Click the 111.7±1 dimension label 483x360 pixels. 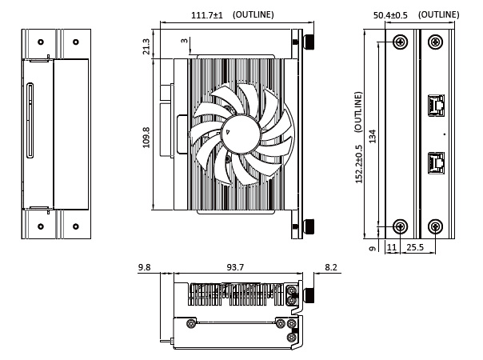point(207,15)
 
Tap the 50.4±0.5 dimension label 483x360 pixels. point(390,15)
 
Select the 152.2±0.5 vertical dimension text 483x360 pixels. point(359,164)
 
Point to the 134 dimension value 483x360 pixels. point(373,136)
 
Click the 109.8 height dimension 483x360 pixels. point(146,138)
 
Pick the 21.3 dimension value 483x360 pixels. point(146,46)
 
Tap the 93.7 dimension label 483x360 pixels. point(235,267)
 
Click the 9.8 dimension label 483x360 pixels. point(144,267)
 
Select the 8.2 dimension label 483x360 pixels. point(331,267)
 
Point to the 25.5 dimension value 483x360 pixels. point(415,247)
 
